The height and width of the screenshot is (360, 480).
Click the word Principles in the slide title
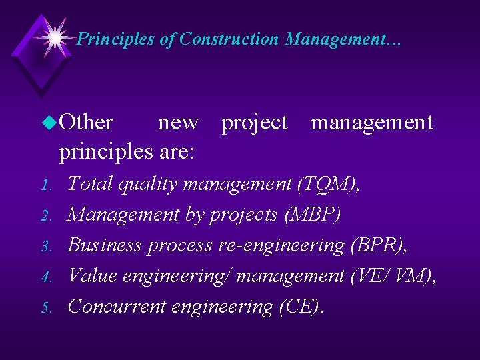(x=116, y=39)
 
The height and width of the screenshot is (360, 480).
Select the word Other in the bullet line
(x=86, y=123)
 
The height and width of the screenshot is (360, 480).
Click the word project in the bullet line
(x=254, y=123)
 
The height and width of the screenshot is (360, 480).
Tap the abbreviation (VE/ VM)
(x=393, y=276)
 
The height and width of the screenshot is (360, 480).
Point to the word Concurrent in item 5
(x=117, y=307)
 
